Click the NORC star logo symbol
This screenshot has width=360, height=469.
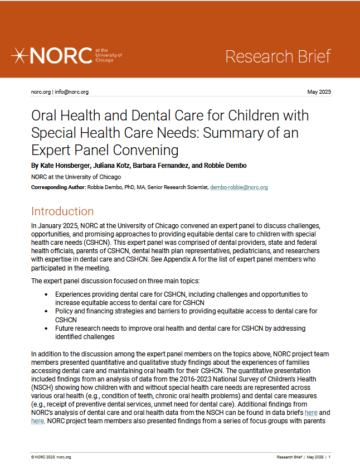point(20,56)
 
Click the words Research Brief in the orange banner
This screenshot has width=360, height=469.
point(278,56)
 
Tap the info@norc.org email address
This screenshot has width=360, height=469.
point(72,92)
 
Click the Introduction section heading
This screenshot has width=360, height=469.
point(62,211)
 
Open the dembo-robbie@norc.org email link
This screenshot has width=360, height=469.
point(239,187)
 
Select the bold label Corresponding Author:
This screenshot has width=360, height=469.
point(58,187)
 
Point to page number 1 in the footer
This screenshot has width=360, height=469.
point(329,457)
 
